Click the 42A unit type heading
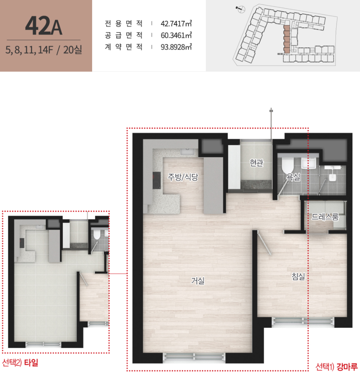(x=44, y=26)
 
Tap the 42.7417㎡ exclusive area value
(x=176, y=23)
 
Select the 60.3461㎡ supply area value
(x=176, y=35)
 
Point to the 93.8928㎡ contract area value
(x=176, y=47)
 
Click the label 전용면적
(x=124, y=23)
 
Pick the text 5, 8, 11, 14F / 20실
(x=44, y=49)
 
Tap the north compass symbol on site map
(x=240, y=9)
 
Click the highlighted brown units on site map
(x=287, y=39)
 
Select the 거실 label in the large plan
(x=198, y=281)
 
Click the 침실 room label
(x=298, y=276)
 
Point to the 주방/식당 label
(x=183, y=177)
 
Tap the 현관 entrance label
(x=256, y=163)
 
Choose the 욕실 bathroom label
(x=293, y=177)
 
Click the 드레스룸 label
(x=325, y=217)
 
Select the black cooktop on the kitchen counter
(x=156, y=180)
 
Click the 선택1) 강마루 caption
(x=337, y=367)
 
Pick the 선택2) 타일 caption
(x=20, y=363)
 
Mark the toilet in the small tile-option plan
(x=97, y=234)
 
